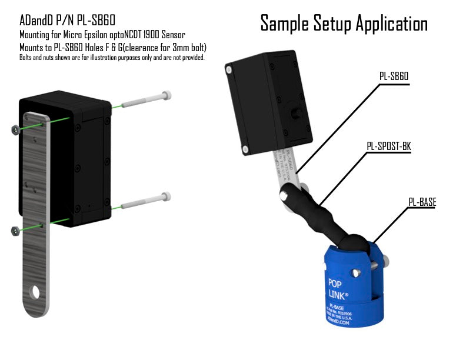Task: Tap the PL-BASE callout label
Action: click(422, 202)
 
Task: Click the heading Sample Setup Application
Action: click(344, 24)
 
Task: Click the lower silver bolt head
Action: click(167, 197)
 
